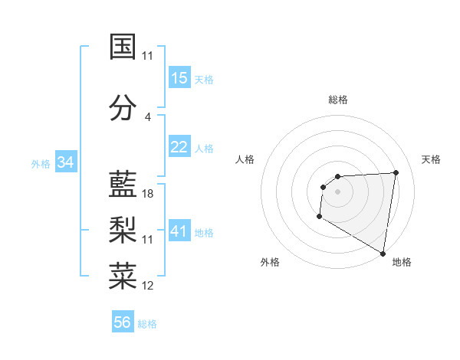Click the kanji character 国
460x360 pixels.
click(x=123, y=47)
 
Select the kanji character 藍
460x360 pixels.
click(x=123, y=185)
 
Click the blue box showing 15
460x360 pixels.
click(x=179, y=78)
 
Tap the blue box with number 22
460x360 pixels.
click(x=179, y=147)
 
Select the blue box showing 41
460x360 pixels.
click(x=179, y=231)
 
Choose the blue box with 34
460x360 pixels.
click(x=66, y=162)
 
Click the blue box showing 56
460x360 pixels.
click(x=123, y=322)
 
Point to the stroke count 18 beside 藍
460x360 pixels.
click(x=148, y=194)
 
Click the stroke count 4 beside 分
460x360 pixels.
click(x=147, y=117)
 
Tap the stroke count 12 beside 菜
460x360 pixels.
click(x=148, y=286)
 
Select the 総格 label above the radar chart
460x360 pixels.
click(x=338, y=100)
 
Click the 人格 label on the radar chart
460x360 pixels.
click(x=245, y=159)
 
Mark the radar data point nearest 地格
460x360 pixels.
click(x=383, y=253)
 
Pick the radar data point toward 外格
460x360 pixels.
click(x=319, y=217)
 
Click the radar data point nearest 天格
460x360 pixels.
click(x=396, y=172)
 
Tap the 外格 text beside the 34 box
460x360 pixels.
click(x=41, y=163)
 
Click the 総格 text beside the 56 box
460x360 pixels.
click(x=147, y=324)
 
